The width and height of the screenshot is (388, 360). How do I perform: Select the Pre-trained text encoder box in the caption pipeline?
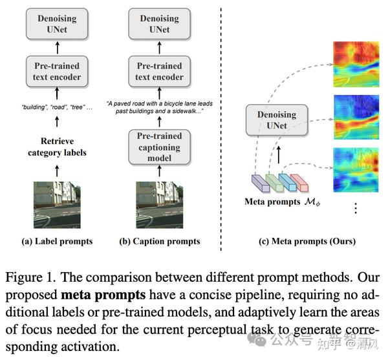coord(160,71)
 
